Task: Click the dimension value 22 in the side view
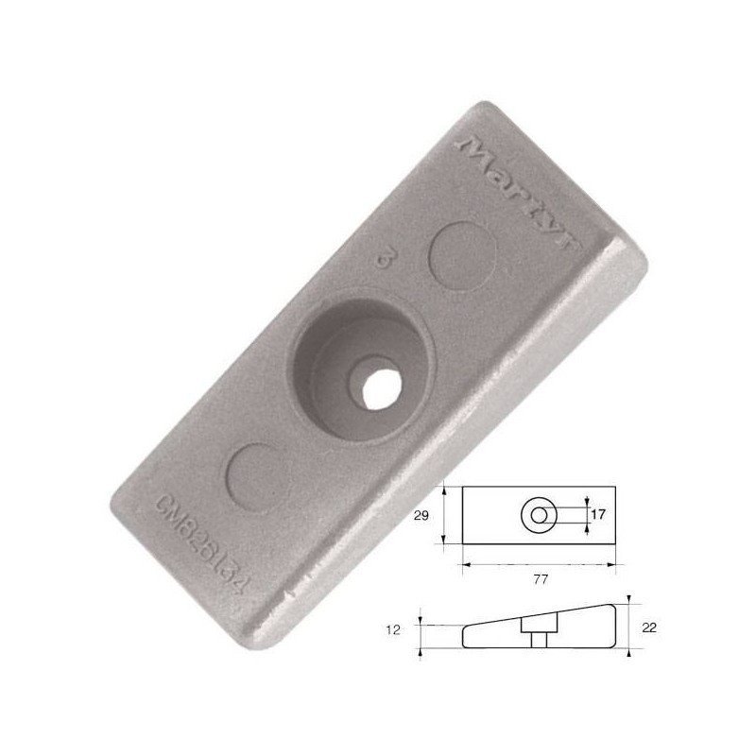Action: point(648,627)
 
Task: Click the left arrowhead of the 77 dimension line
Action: point(464,565)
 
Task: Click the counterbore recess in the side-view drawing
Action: point(539,627)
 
